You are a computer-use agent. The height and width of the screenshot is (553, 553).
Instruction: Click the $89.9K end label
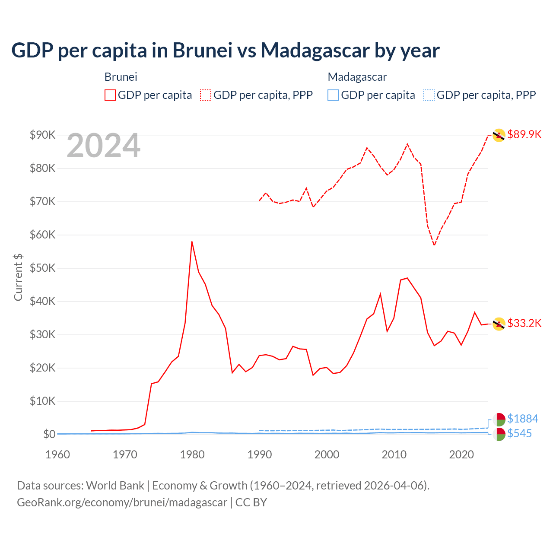524,134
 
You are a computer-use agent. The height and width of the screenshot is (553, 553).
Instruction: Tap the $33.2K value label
524,323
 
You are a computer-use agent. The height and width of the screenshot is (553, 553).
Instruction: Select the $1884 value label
522,419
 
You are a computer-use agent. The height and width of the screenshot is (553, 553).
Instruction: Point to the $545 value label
519,433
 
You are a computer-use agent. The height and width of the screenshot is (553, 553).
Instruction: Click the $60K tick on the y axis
42,235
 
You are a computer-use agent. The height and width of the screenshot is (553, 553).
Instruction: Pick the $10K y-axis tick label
42,401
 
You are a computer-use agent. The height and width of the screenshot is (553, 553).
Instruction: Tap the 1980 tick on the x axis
192,454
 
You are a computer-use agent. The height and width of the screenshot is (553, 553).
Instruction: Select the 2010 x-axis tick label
394,454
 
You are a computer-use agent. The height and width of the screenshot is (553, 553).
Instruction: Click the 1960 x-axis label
57,454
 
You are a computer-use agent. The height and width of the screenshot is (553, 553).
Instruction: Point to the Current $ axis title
18,277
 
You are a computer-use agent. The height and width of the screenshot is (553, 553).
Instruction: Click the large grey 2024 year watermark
103,146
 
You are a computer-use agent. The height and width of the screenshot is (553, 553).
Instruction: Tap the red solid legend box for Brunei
110,95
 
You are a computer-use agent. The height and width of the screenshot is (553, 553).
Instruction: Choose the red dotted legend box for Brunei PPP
206,95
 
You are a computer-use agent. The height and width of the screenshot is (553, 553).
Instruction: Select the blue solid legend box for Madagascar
333,95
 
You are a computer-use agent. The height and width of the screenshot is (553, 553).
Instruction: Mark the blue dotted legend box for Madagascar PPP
429,95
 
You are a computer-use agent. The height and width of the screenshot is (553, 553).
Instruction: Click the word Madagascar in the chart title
315,50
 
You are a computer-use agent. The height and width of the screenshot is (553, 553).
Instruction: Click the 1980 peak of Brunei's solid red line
192,242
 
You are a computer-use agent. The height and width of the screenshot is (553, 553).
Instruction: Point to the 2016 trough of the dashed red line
434,245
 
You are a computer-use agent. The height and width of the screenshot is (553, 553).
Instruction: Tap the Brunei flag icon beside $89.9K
499,135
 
